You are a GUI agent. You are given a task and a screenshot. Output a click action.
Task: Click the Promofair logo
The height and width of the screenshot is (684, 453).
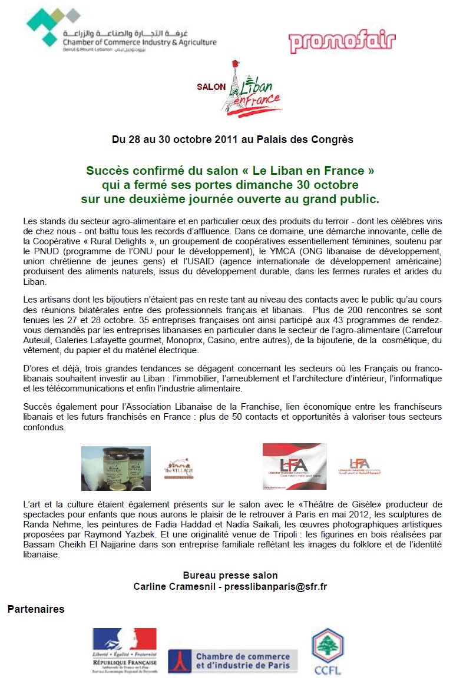pos(342,42)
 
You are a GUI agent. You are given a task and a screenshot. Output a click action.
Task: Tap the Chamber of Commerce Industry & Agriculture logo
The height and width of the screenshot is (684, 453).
pos(121,29)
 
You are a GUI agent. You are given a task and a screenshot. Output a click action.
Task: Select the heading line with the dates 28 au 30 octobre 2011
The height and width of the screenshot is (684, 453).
pos(233,140)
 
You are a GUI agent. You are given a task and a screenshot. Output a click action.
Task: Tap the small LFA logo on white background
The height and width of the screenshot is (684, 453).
pos(359,466)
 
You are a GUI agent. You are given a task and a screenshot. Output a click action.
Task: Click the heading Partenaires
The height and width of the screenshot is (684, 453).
pos(36,609)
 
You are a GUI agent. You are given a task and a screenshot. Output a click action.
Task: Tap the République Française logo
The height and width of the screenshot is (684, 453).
pos(124,650)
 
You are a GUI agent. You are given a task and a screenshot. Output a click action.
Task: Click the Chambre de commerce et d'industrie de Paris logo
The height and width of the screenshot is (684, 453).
pos(233,660)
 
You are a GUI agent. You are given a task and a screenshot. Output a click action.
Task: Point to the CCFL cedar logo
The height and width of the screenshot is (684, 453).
pos(327,652)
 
